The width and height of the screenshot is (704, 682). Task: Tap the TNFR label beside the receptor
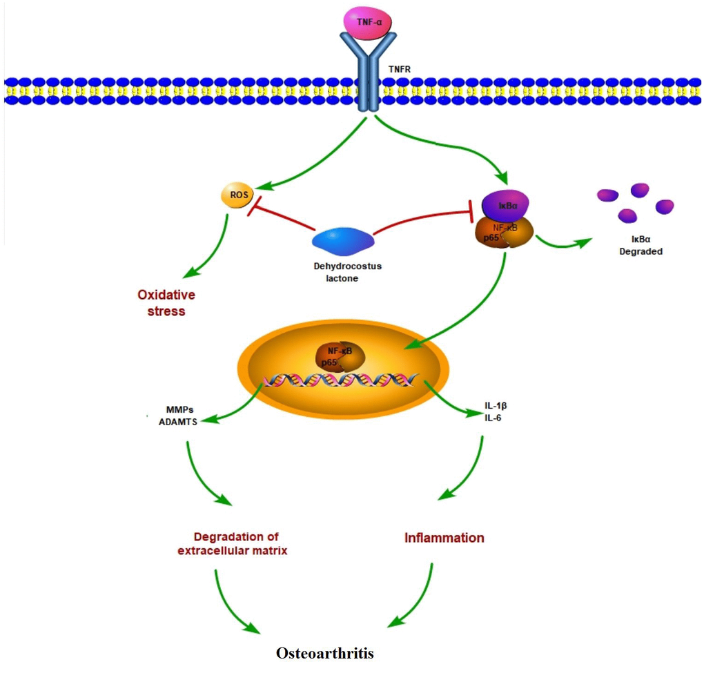(x=400, y=69)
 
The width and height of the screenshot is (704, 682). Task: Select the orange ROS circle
(x=234, y=196)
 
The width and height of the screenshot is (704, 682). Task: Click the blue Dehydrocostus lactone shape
(x=343, y=241)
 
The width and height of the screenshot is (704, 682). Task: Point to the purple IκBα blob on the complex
(x=505, y=205)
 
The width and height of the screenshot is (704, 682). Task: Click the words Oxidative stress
(x=166, y=303)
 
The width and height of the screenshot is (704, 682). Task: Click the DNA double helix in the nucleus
(x=342, y=379)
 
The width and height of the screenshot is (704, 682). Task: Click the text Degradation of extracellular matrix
(x=231, y=544)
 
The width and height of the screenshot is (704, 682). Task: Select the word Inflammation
(x=444, y=537)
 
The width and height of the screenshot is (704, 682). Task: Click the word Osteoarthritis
(x=325, y=653)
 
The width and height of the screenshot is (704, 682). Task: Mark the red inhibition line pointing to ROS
(x=283, y=218)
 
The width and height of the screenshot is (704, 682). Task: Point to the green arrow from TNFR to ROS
(x=311, y=156)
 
